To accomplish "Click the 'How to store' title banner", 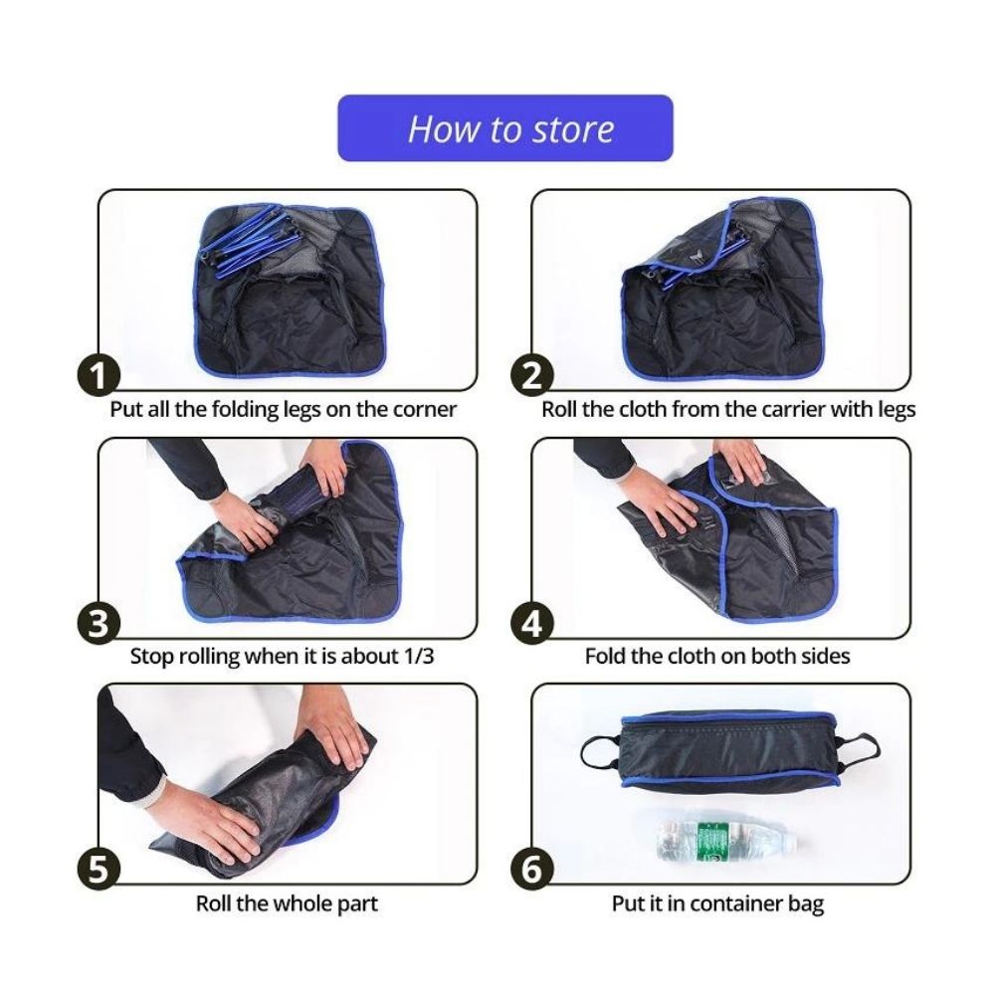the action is (505, 128).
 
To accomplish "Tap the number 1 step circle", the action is (99, 376).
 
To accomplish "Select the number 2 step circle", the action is (532, 376).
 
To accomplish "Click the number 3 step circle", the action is (99, 623).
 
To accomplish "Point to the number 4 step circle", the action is (532, 623).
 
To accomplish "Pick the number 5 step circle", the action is (99, 870).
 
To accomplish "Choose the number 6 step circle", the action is (532, 870).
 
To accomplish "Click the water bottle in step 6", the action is (726, 841).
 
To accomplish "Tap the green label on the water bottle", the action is (711, 841).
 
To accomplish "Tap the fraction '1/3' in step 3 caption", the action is (418, 656).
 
